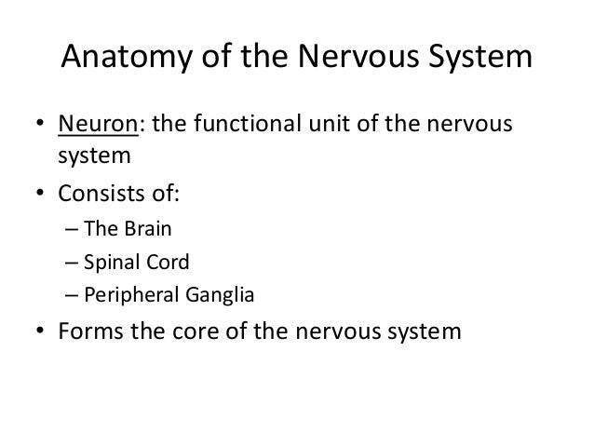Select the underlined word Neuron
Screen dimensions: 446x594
point(96,125)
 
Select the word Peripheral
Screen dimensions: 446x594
point(125,298)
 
